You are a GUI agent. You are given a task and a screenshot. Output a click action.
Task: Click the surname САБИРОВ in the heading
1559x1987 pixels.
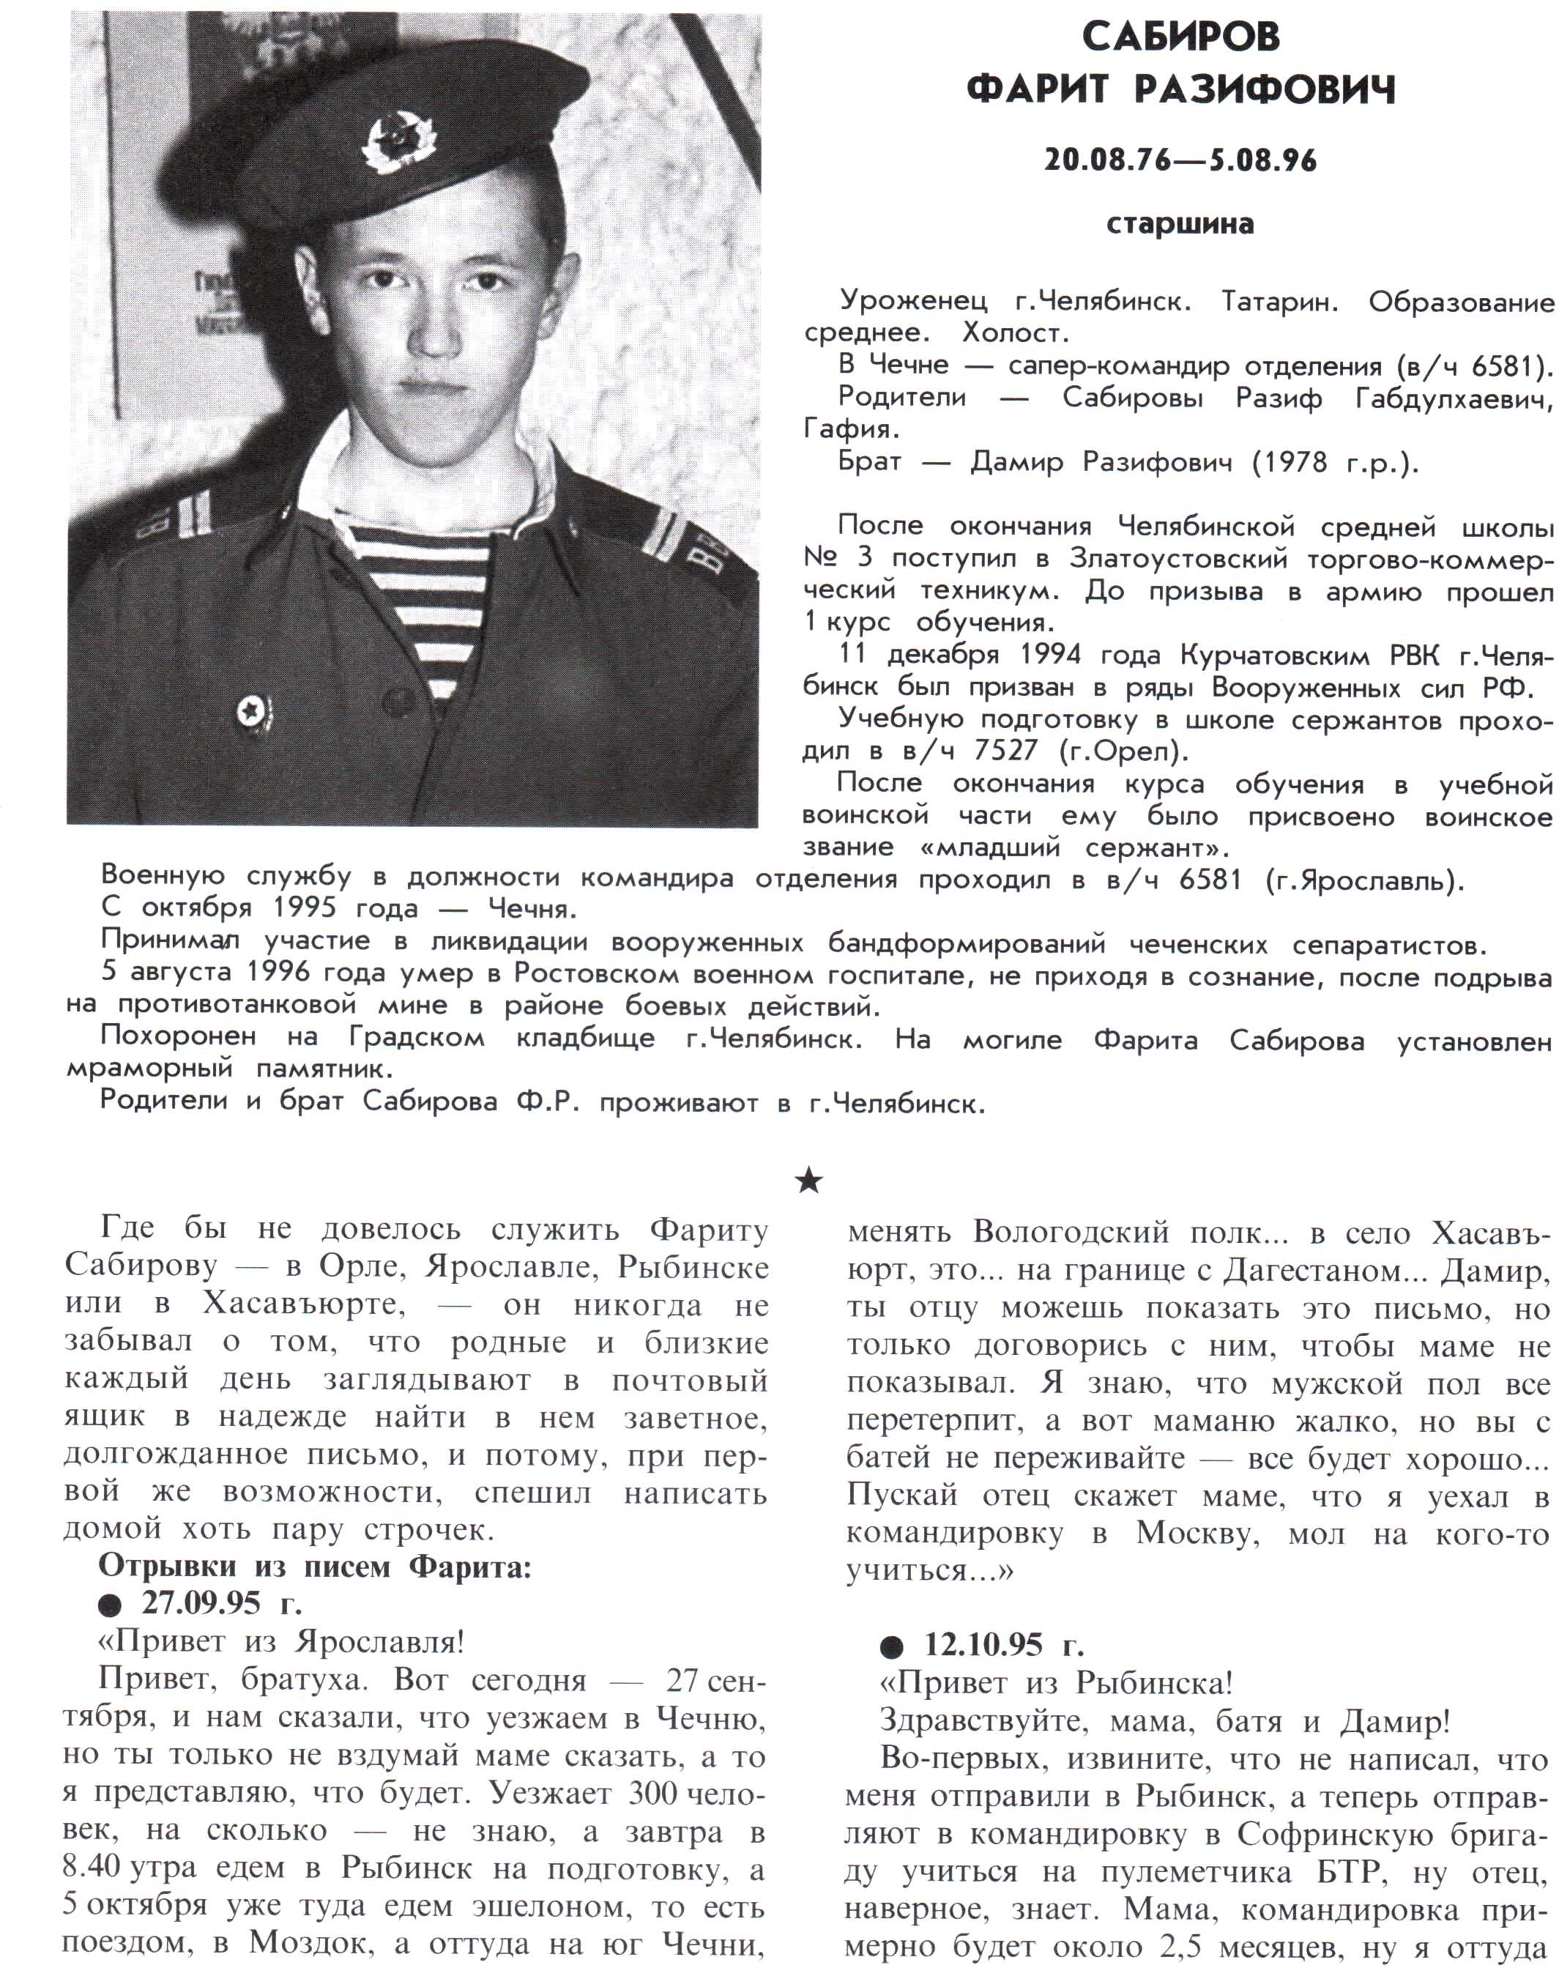coord(1180,37)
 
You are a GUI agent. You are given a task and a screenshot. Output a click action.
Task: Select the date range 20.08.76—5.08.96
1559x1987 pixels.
coord(1180,160)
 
